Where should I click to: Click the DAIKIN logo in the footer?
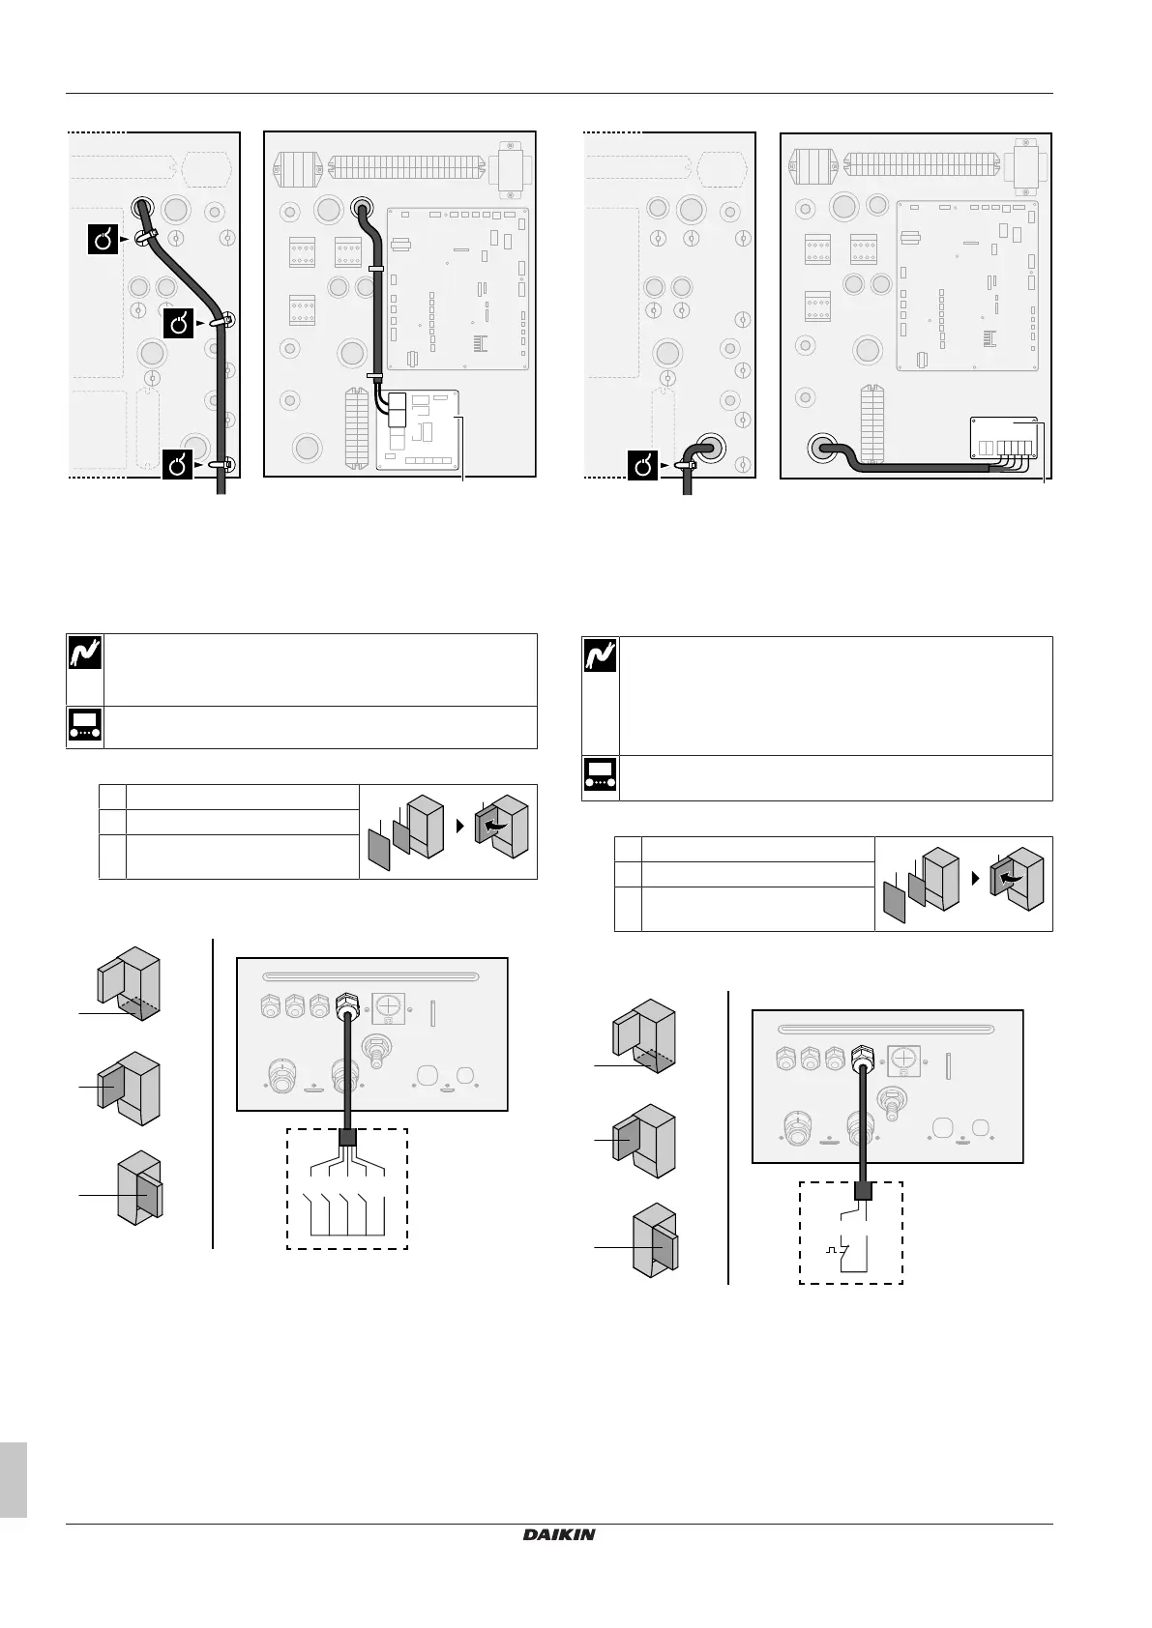coord(560,1534)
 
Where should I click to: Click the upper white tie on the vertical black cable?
coord(375,267)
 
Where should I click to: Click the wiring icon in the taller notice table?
coord(600,658)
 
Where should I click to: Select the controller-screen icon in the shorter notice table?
coord(83,727)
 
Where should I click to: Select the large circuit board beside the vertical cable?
coord(458,288)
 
